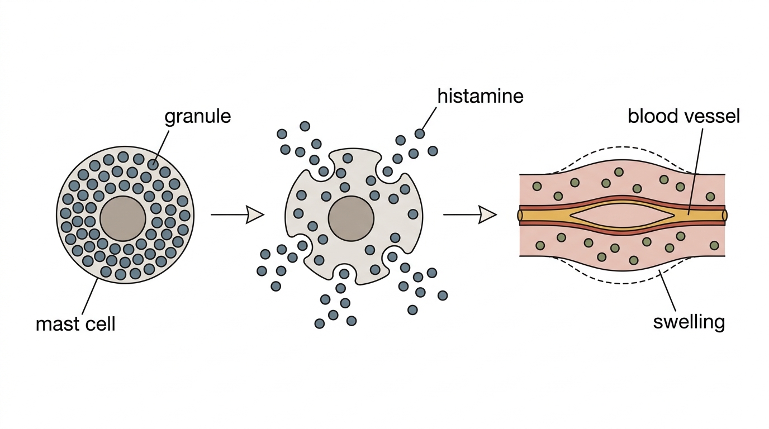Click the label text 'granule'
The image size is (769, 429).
click(x=197, y=117)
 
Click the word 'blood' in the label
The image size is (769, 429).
click(x=653, y=116)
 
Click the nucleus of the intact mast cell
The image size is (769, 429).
click(x=123, y=218)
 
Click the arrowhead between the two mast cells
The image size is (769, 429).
click(x=255, y=214)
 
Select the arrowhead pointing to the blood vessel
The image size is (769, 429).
click(x=487, y=215)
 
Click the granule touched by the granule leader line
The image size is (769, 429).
click(x=153, y=164)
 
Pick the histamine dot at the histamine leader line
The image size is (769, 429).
click(x=420, y=134)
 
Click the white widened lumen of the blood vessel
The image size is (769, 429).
click(x=621, y=215)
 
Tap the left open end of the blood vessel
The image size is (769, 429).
click(x=520, y=215)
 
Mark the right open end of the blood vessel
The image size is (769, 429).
click(x=724, y=215)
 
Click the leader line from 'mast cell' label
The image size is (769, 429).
click(x=90, y=296)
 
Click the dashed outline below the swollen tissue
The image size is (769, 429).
click(x=622, y=283)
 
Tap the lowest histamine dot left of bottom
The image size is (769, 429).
click(x=320, y=323)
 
